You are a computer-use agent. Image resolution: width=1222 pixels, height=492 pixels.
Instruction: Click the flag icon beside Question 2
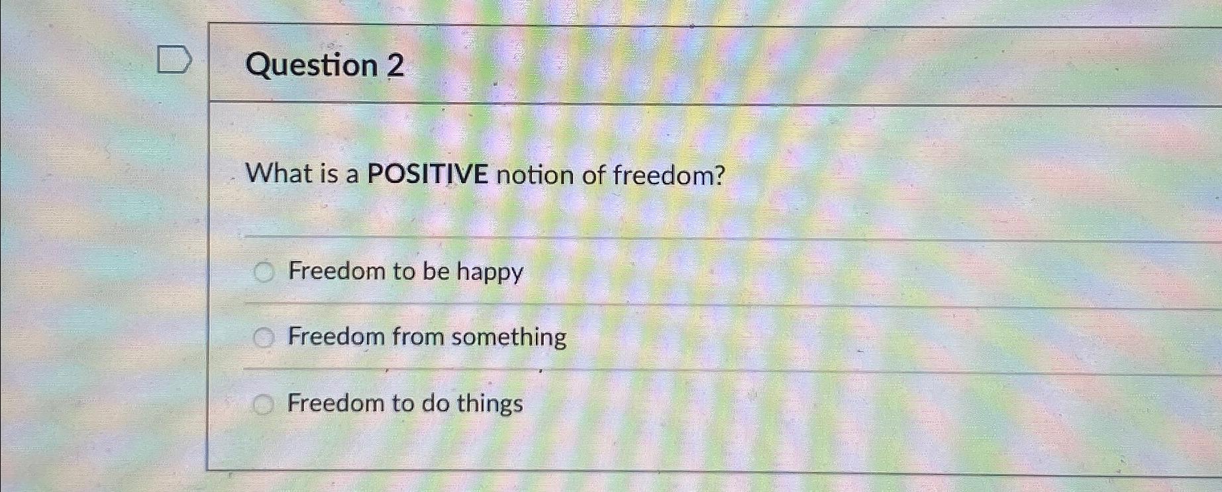(174, 60)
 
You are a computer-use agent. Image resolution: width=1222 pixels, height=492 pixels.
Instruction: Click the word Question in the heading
(311, 66)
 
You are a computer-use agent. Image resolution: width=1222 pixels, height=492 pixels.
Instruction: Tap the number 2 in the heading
(395, 66)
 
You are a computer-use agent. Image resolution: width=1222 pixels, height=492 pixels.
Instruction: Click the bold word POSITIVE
(427, 174)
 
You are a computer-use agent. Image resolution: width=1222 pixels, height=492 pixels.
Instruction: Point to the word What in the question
(278, 174)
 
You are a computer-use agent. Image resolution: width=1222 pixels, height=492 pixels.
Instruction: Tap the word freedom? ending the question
(669, 176)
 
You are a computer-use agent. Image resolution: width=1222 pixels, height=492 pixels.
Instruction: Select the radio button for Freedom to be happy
(264, 272)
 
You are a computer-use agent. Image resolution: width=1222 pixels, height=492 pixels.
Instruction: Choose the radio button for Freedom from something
(264, 338)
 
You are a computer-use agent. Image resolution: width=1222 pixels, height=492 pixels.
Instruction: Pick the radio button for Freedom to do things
(263, 404)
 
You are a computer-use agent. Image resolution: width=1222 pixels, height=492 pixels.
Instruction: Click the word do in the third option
(435, 403)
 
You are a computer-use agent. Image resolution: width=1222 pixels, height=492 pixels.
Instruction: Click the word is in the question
(329, 174)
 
